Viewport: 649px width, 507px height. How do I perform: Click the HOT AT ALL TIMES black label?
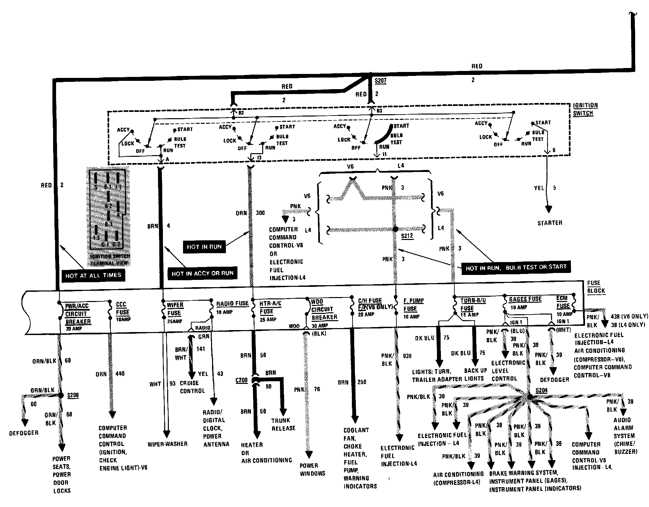pos(93,275)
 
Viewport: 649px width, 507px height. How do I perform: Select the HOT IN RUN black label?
pos(204,247)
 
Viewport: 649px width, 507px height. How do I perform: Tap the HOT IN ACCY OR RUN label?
pos(202,273)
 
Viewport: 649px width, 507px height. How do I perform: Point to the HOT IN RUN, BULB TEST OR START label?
pos(516,267)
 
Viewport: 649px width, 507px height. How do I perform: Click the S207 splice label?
pos(380,81)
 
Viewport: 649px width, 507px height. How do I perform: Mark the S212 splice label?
pos(407,236)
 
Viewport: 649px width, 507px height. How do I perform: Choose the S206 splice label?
pos(73,395)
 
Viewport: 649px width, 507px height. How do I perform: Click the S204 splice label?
pos(541,390)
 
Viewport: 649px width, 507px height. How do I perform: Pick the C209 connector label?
pos(241,380)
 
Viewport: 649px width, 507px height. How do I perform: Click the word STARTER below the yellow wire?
pos(550,223)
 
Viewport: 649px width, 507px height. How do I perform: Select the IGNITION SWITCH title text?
pos(585,109)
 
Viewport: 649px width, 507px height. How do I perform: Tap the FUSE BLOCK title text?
pos(596,287)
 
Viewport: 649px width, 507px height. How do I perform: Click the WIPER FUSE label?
pos(175,309)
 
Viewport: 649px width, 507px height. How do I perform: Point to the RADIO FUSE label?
pos(232,304)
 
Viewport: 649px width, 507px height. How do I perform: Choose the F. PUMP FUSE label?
pos(413,305)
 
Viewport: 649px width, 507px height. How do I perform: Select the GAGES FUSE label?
pos(525,299)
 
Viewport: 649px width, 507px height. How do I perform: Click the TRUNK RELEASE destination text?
pos(283,424)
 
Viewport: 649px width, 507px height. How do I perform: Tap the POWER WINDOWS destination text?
pos(312,469)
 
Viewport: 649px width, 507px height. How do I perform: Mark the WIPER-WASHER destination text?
pos(168,444)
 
